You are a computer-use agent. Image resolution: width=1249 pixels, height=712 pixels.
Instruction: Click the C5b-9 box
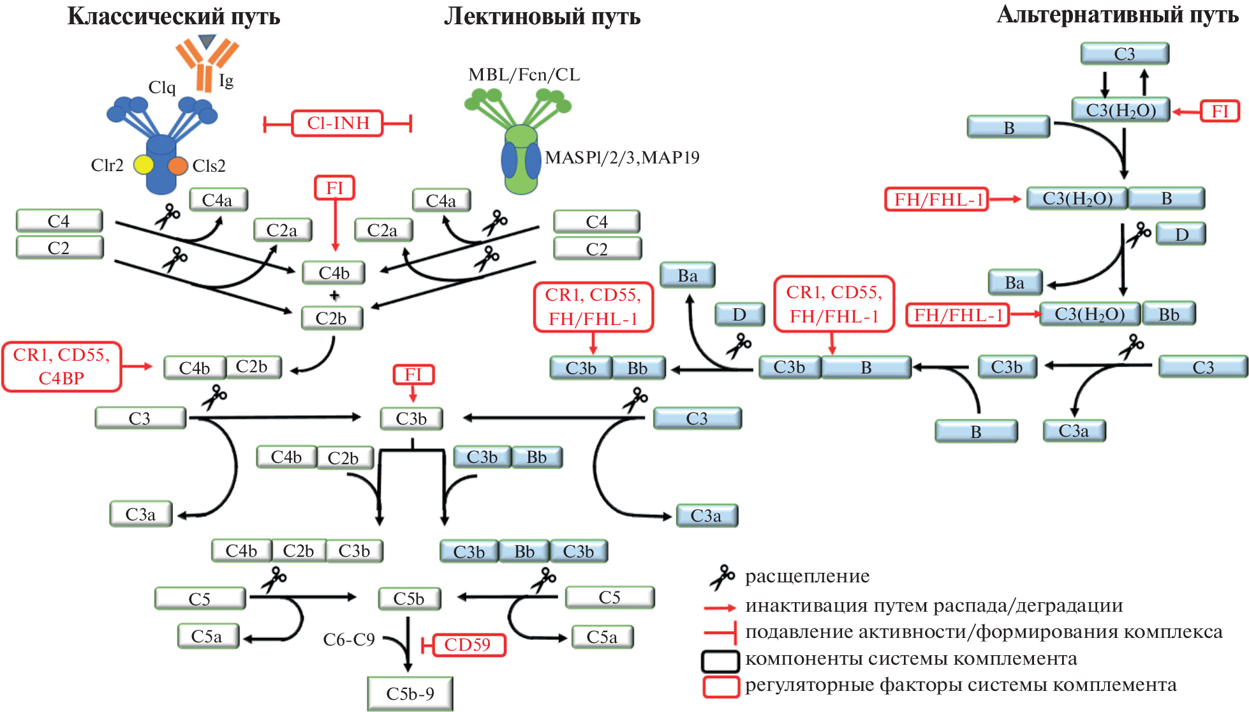coord(410,693)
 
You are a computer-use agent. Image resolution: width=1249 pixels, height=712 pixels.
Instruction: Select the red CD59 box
coord(468,645)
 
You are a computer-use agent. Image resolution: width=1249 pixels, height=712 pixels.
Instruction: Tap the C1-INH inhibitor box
coord(337,123)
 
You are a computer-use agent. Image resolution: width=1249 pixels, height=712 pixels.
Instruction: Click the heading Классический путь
coord(174,17)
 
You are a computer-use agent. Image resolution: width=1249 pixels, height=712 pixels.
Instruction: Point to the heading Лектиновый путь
coord(542,17)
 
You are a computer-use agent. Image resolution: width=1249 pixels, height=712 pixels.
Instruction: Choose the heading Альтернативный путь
coord(1117,15)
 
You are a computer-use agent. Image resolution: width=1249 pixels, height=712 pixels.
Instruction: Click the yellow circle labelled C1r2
coord(144,165)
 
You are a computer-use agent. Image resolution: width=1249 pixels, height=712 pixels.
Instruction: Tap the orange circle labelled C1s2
coord(177,165)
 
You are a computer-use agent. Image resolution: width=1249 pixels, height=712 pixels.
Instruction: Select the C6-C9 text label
coord(349,640)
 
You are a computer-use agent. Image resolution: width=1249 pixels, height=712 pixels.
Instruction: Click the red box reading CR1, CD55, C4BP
coord(61,367)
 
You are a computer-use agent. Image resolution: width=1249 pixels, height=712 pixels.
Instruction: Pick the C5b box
coord(409,599)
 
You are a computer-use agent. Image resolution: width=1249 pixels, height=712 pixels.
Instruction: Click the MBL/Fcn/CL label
coord(524,75)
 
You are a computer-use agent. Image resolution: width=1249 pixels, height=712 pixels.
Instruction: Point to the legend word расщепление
coord(807,577)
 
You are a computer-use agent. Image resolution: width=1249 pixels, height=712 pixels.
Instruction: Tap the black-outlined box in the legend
coord(720,661)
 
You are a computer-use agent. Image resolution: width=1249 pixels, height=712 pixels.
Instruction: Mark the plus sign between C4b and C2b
coord(334,295)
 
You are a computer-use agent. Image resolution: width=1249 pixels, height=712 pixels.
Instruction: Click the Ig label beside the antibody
coord(226,81)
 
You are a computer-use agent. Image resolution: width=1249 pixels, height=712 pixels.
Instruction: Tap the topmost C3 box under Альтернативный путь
coord(1125,54)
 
